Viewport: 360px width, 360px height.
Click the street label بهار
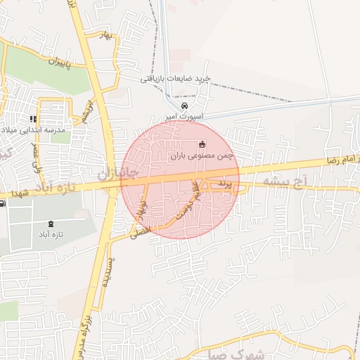pos(107,35)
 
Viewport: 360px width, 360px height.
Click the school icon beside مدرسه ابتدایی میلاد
pos(32,119)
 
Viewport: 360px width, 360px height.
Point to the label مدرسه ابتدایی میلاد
pos(33,130)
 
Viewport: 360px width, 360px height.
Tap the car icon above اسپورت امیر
pos(184,105)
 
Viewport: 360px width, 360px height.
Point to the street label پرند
pos(224,183)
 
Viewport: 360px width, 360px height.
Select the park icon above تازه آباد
pos(51,224)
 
